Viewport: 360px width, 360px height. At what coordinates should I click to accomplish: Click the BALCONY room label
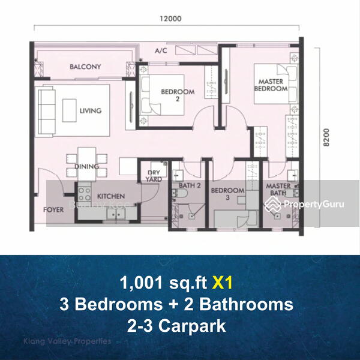point(85,67)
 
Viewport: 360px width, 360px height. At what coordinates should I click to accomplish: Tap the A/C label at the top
point(161,52)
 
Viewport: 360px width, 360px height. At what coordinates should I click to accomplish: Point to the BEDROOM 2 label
point(178,95)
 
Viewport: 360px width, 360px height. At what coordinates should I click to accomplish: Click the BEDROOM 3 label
point(227,194)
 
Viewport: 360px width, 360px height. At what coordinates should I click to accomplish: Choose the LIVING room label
point(90,110)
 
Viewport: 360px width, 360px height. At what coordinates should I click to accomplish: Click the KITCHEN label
point(111,196)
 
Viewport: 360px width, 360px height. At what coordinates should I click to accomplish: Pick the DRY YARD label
point(154,175)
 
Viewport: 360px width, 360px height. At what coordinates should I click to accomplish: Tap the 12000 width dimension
point(171,19)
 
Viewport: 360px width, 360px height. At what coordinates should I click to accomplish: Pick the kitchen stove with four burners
point(84,193)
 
